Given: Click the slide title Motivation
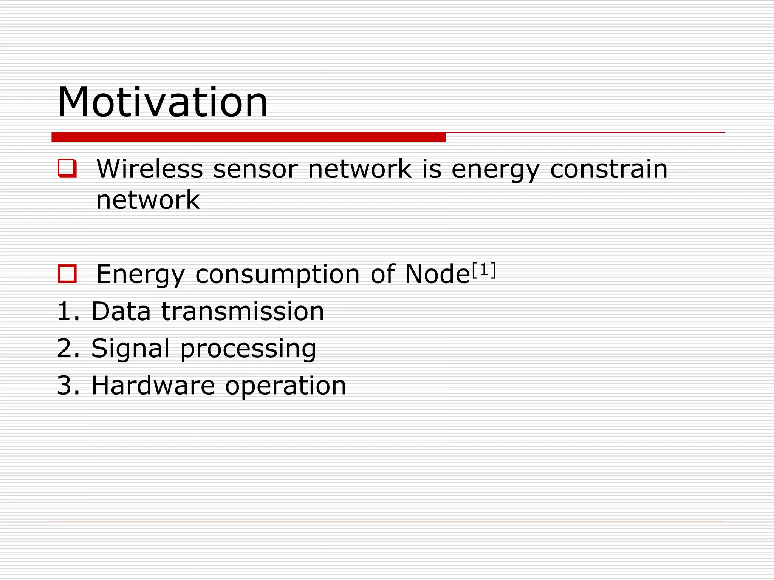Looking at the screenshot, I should click(x=163, y=102).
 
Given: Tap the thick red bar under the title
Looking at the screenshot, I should click(x=248, y=137).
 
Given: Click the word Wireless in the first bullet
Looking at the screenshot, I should click(x=150, y=169).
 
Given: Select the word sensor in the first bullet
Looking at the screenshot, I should click(x=255, y=169).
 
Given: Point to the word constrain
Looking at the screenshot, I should click(x=608, y=169).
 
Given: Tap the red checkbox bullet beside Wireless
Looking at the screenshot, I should click(x=67, y=168).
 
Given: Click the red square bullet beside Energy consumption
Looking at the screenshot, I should click(x=67, y=274).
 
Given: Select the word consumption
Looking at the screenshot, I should click(x=277, y=275).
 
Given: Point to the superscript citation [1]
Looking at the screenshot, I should click(x=484, y=270).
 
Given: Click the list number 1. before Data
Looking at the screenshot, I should click(x=68, y=312).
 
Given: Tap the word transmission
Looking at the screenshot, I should click(x=243, y=312).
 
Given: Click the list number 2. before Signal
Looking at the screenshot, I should click(x=68, y=348).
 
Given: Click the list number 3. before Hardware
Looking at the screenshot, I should click(x=68, y=386).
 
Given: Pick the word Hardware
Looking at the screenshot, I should click(x=153, y=386).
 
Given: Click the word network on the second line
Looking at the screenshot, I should click(x=148, y=200).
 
